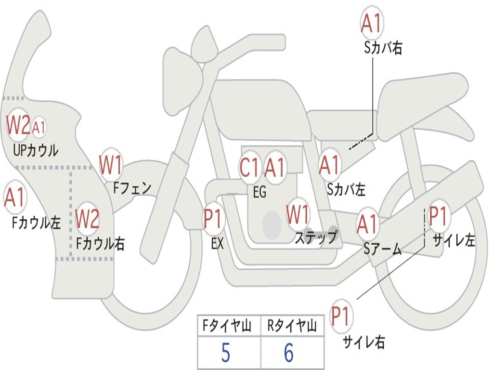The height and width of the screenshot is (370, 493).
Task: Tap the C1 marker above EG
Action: pyautogui.click(x=250, y=167)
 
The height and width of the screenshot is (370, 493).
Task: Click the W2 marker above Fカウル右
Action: pyautogui.click(x=88, y=218)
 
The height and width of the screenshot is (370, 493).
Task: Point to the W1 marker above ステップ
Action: pyautogui.click(x=298, y=214)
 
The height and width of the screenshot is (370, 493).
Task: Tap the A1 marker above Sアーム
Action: pyautogui.click(x=367, y=224)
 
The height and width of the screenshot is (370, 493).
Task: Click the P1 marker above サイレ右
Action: pyautogui.click(x=341, y=315)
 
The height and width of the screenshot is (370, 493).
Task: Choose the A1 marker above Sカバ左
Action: pyautogui.click(x=329, y=164)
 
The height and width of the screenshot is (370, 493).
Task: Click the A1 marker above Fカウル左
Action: pyautogui.click(x=15, y=197)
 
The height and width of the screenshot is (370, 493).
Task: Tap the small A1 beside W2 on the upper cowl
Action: pyautogui.click(x=39, y=127)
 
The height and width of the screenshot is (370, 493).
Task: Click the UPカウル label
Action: pyautogui.click(x=36, y=150)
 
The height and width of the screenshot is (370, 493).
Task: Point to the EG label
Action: pyautogui.click(x=259, y=191)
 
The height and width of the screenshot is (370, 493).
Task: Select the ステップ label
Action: pyautogui.click(x=316, y=237)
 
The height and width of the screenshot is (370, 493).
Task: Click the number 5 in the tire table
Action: pyautogui.click(x=226, y=352)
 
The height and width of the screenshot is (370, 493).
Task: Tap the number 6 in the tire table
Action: pyautogui.click(x=289, y=352)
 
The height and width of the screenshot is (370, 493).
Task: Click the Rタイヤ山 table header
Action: pyautogui.click(x=292, y=326)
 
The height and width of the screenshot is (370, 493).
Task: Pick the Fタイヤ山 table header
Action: pyautogui.click(x=227, y=326)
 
